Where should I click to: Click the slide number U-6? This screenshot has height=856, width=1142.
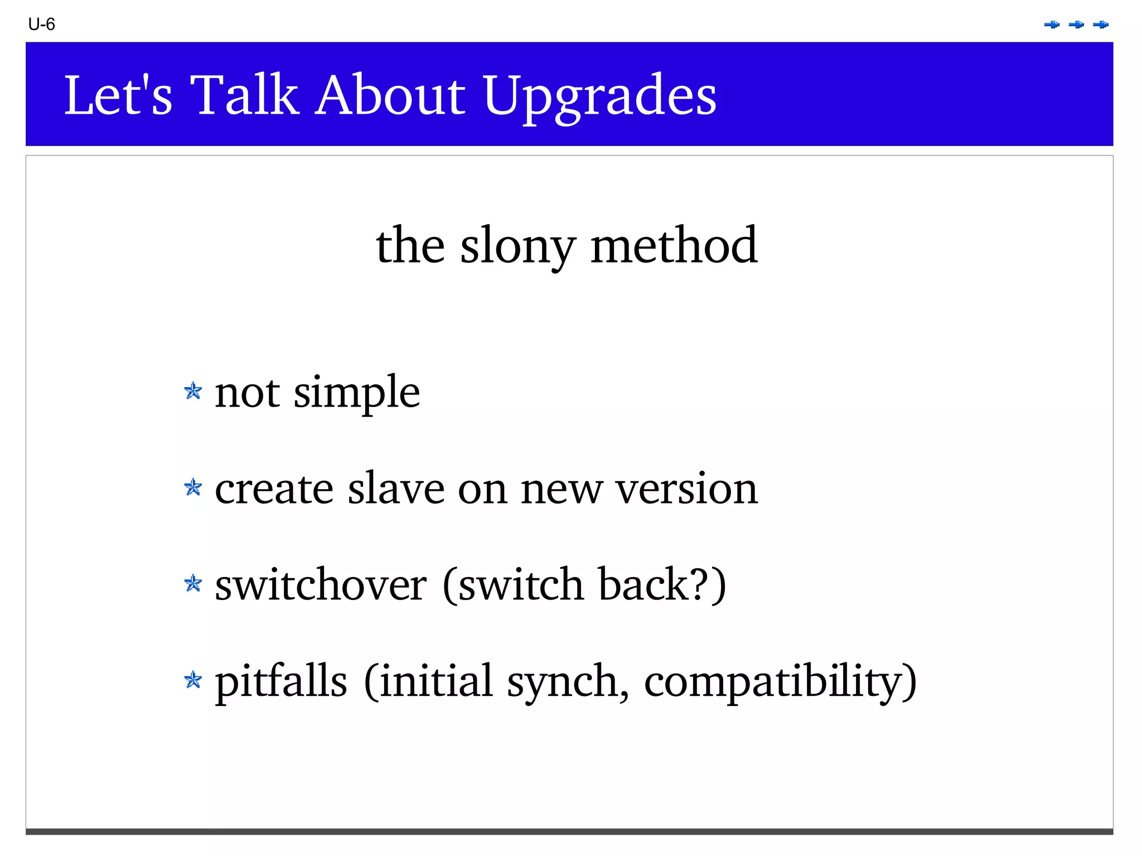point(41,25)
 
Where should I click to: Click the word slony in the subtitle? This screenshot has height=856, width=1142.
point(517,246)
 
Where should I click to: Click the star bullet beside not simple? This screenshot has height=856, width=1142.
point(193,391)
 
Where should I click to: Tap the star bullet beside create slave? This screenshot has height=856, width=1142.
point(193,487)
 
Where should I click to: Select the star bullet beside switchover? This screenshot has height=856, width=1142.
point(193,583)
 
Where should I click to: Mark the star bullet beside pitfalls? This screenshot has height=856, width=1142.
point(193,680)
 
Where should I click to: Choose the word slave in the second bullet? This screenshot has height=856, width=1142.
point(396,489)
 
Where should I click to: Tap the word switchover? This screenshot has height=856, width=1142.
point(321,584)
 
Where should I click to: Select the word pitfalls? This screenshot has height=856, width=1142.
point(281,681)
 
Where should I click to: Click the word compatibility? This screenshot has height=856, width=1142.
point(780,681)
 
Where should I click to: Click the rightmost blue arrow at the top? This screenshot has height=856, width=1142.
point(1100,25)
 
